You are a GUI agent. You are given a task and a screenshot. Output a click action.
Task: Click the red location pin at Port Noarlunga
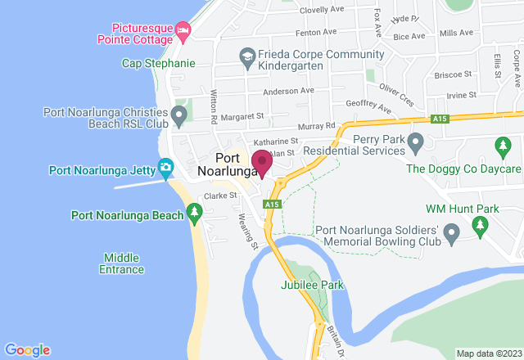pyautogui.click(x=261, y=162)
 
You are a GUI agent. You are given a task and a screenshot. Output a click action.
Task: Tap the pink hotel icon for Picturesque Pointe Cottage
pyautogui.click(x=183, y=31)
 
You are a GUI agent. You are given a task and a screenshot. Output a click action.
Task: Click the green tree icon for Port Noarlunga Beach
pyautogui.click(x=194, y=215)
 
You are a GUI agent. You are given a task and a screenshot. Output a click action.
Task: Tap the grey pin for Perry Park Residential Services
pyautogui.click(x=415, y=144)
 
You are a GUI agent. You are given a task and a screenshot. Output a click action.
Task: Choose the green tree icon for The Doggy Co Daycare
pyautogui.click(x=502, y=146)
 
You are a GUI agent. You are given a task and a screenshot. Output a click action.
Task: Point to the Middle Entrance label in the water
pyautogui.click(x=122, y=263)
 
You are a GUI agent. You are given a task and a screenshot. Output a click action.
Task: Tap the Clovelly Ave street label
pyautogui.click(x=322, y=10)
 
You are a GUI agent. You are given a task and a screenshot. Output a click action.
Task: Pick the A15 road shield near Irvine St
pyautogui.click(x=440, y=119)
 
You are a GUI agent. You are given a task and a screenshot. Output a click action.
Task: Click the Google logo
pyautogui.click(x=27, y=350)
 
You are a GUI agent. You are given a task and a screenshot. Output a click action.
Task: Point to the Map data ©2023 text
pyautogui.click(x=488, y=353)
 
